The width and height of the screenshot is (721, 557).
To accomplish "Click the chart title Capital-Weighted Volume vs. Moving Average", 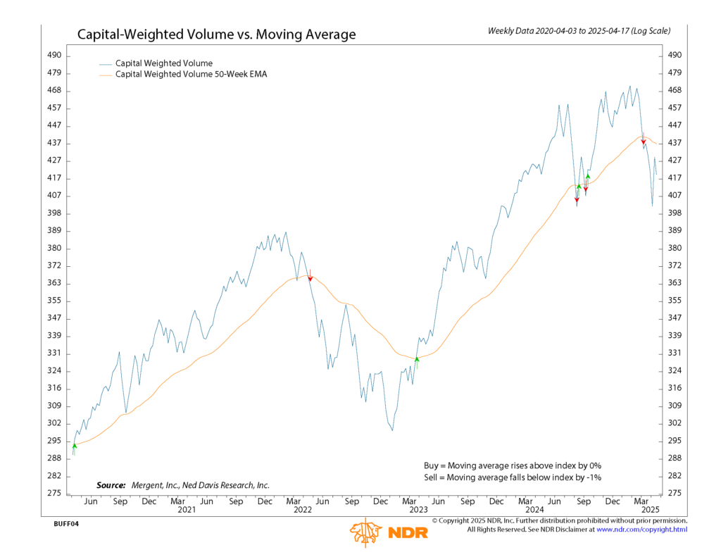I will point(216,35).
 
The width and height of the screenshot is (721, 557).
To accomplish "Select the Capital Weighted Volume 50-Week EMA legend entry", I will point(191,74).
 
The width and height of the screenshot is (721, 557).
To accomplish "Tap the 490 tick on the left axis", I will point(54,56).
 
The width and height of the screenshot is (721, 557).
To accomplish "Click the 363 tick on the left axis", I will point(54,283).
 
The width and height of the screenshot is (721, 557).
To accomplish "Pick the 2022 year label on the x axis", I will point(303,509).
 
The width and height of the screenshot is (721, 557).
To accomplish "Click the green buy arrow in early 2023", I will point(417,360).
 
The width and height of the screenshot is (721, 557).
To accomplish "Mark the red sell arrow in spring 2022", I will point(310,278).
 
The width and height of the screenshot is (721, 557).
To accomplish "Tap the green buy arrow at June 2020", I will point(74,446).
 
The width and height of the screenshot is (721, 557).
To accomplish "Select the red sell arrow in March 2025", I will point(644,140).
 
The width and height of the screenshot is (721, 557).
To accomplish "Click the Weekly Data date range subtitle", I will point(579,31).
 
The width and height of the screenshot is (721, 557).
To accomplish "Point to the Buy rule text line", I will point(513,465).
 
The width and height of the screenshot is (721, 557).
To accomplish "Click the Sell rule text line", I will point(513,477).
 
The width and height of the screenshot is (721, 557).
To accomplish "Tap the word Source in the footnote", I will point(111,485).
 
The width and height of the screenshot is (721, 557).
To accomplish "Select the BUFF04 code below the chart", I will point(65,524).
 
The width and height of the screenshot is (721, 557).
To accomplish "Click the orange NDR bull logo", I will point(365,533).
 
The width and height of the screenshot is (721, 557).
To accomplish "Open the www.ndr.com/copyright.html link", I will point(641,530).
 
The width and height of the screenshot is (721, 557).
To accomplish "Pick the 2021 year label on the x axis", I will point(187,509).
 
